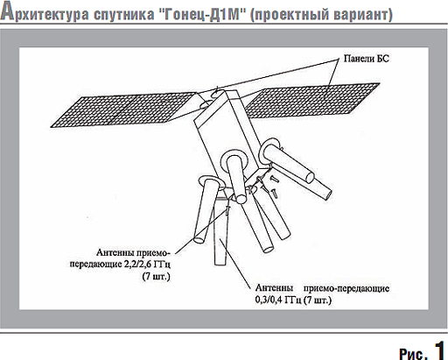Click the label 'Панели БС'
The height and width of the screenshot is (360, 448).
click(x=367, y=59)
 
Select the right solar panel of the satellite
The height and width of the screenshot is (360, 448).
click(x=311, y=101)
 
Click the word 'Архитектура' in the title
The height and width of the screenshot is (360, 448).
click(x=45, y=12)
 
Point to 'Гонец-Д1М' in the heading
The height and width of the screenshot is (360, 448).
click(x=202, y=14)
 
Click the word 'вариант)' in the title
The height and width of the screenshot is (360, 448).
click(x=363, y=15)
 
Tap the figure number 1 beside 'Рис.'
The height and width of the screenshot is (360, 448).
click(x=440, y=349)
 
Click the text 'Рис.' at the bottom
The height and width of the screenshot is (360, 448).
click(x=413, y=353)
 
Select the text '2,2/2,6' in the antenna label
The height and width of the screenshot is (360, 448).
click(x=137, y=264)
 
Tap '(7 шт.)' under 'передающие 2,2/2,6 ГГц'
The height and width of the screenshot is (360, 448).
click(x=156, y=276)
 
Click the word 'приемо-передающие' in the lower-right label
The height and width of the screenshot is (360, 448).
click(x=346, y=288)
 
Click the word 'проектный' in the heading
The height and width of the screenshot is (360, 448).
click(x=290, y=15)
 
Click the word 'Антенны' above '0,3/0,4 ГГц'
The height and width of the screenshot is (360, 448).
click(x=274, y=288)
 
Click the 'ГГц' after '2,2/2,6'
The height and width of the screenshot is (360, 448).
click(x=162, y=265)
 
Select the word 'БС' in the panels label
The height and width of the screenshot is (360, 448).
click(x=383, y=59)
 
